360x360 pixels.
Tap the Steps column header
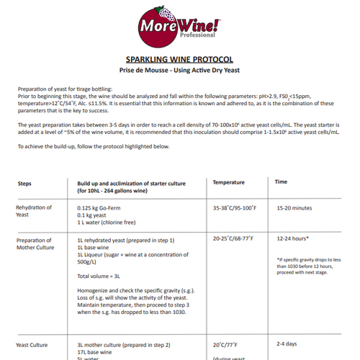click(x=24, y=183)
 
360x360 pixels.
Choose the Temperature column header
click(x=229, y=182)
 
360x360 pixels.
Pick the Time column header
click(x=282, y=182)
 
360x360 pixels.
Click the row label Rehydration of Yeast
click(x=34, y=211)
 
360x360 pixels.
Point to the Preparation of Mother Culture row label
click(x=35, y=242)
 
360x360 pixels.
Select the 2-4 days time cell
click(x=287, y=343)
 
